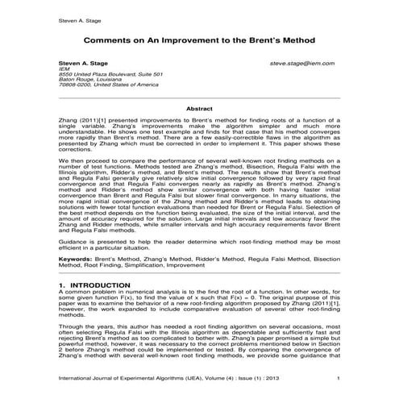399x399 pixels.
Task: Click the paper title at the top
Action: [x=199, y=40]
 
